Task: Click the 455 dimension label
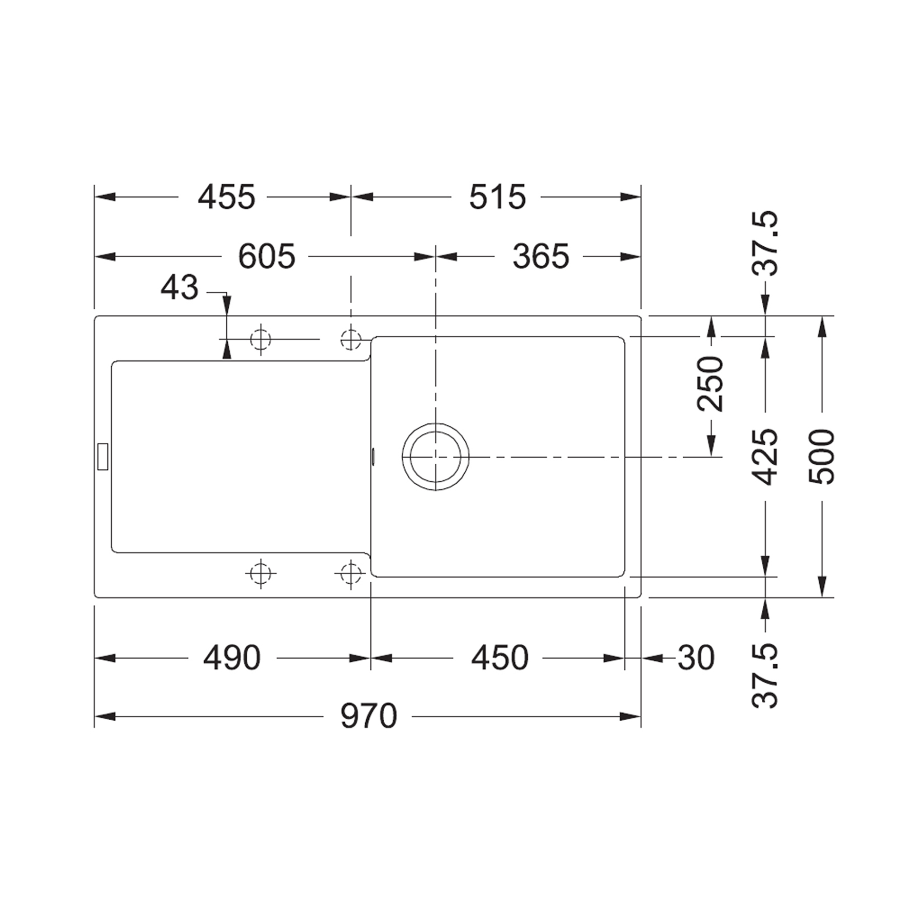point(226,197)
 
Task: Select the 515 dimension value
point(498,197)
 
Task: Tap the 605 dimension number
point(267,256)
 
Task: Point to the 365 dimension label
point(541,256)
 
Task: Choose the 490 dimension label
point(232,658)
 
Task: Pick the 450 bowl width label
point(500,658)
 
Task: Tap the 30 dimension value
point(696,658)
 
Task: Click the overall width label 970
point(369,716)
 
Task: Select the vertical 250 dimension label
point(710,384)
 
